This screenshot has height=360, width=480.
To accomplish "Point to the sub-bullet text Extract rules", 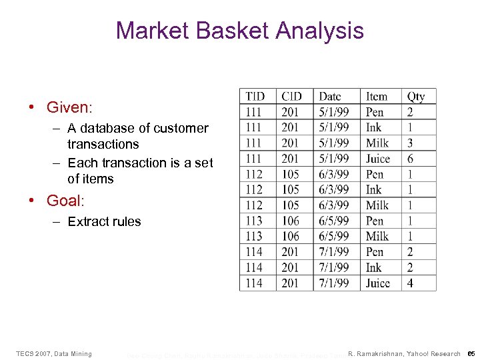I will [104, 222].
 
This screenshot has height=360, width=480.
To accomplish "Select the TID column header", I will [255, 97].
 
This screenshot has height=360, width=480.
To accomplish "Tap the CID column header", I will [291, 97].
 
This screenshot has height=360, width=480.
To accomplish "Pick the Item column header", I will [377, 97].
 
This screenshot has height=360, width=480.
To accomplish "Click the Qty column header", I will [416, 97].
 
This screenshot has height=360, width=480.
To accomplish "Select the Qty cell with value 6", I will [410, 159].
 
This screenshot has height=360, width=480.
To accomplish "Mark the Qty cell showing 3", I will [410, 143].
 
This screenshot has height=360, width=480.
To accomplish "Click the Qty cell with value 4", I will [410, 283].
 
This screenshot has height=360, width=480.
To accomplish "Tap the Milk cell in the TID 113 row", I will [377, 237].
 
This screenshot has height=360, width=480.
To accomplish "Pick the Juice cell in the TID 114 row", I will [378, 283].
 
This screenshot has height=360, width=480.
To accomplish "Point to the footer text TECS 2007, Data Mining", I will [54, 353].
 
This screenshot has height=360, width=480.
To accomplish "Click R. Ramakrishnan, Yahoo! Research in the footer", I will [405, 353].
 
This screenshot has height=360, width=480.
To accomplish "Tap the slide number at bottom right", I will [470, 353].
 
